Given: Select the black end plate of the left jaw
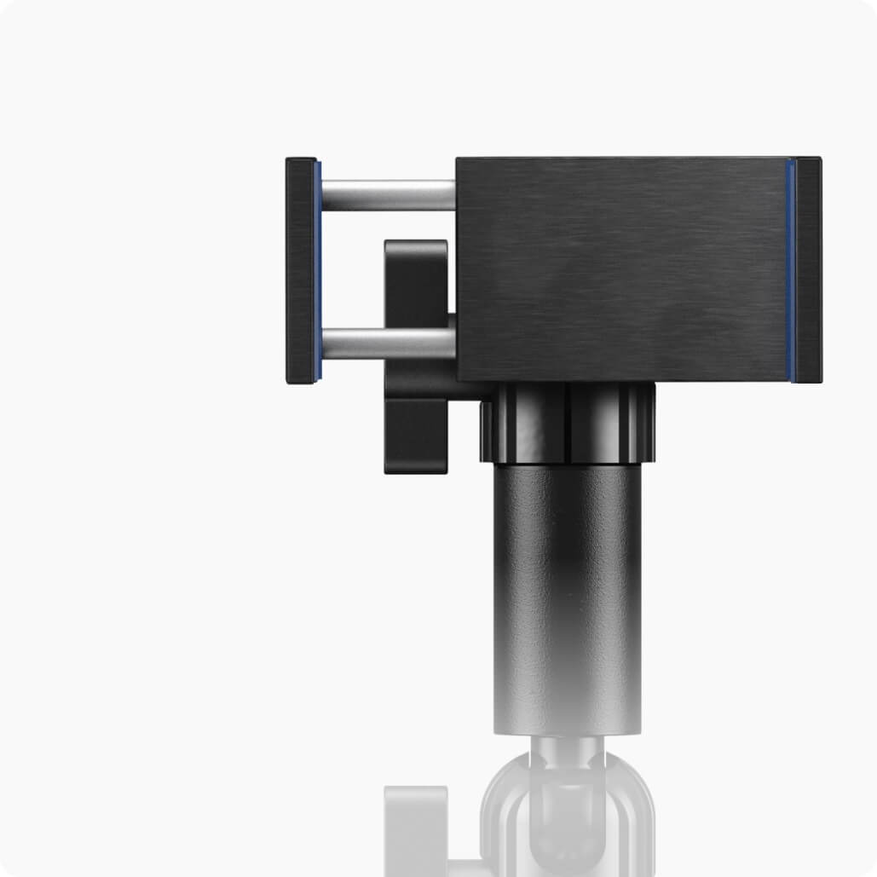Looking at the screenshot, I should point(299,271).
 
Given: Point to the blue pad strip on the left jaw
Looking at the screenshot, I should point(317,271).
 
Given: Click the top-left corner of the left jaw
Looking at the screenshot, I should point(288,160).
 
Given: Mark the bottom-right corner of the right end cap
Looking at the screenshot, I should point(820,380).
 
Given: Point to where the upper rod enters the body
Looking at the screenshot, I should point(454,194).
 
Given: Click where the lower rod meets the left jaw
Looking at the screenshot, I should point(323,343).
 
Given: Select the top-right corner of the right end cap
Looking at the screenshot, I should point(819,159).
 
